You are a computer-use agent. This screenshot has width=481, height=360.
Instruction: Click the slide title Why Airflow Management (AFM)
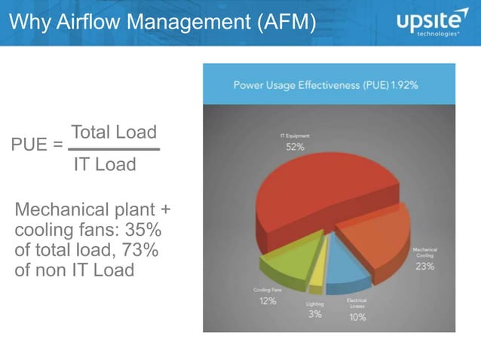tap(162, 23)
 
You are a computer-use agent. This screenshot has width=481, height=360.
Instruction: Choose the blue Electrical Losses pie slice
tap(348, 267)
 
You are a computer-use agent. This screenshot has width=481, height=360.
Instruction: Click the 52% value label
tap(295, 147)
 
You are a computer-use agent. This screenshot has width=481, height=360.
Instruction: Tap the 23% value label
tap(424, 267)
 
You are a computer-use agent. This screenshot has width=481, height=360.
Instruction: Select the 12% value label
tap(268, 301)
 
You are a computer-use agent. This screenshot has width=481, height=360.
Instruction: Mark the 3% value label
tap(315, 314)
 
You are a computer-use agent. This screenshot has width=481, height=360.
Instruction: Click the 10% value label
tap(357, 317)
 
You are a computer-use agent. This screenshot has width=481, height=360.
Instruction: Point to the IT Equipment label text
tap(295, 136)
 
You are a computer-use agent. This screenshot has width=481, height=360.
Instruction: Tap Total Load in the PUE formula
tap(114, 133)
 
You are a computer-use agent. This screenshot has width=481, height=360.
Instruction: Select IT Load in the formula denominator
tap(106, 164)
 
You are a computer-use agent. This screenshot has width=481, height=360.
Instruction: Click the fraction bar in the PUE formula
tap(113, 149)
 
